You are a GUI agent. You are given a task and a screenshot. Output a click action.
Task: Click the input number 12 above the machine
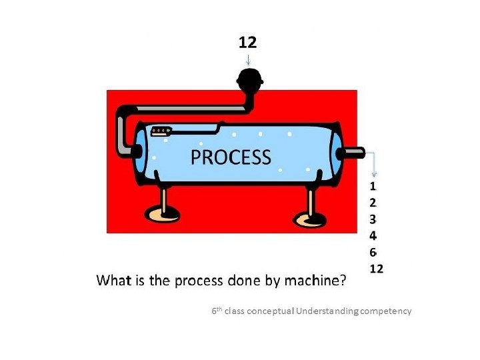click(x=247, y=42)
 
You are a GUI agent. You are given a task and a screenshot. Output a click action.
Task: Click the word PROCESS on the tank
click(x=231, y=157)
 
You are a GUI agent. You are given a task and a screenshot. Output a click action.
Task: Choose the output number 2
click(x=373, y=201)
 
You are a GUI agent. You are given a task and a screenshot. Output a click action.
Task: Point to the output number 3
click(x=373, y=218)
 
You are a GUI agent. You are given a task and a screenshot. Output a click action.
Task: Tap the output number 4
click(x=373, y=235)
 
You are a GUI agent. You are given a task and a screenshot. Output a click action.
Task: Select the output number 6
click(x=373, y=252)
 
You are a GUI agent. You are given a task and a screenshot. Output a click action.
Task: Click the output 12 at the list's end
click(x=377, y=269)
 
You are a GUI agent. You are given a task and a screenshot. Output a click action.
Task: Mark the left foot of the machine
click(x=163, y=213)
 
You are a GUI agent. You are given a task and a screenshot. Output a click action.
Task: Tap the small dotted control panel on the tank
click(x=162, y=131)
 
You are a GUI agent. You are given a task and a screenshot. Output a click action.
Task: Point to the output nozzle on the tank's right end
click(x=353, y=153)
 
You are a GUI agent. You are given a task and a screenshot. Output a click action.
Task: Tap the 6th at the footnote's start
click(x=217, y=311)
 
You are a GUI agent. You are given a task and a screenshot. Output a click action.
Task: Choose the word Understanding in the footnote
click(x=327, y=311)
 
